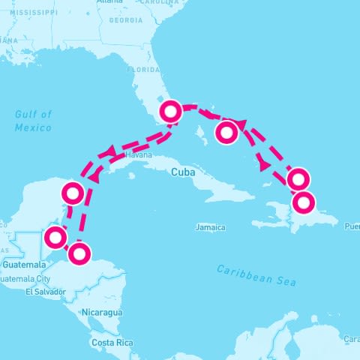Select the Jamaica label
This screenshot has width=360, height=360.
pyautogui.click(x=210, y=226)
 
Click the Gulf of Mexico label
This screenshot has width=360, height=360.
pyautogui.click(x=34, y=121)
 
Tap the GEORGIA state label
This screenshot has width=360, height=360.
pyautogui.click(x=126, y=21)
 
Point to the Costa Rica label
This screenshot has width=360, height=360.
pyautogui.click(x=112, y=343)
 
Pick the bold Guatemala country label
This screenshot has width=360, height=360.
pyautogui.click(x=25, y=265)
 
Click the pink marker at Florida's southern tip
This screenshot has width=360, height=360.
pyautogui.click(x=171, y=112)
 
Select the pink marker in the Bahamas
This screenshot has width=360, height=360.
pyautogui.click(x=226, y=133)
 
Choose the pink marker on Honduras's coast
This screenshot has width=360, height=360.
pyautogui.click(x=79, y=254)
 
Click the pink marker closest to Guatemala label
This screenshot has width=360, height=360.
pyautogui.click(x=54, y=238)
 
